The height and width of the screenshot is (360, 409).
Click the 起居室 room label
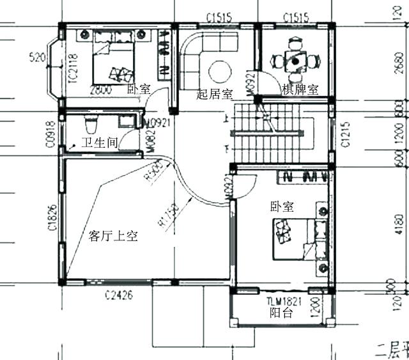click(x=214, y=95)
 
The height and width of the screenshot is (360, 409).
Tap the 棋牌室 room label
click(x=300, y=90)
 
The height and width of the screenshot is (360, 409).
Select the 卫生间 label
click(x=98, y=143)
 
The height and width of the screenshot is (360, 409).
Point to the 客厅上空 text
click(x=113, y=236)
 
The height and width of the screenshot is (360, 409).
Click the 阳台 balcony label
click(x=281, y=313)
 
